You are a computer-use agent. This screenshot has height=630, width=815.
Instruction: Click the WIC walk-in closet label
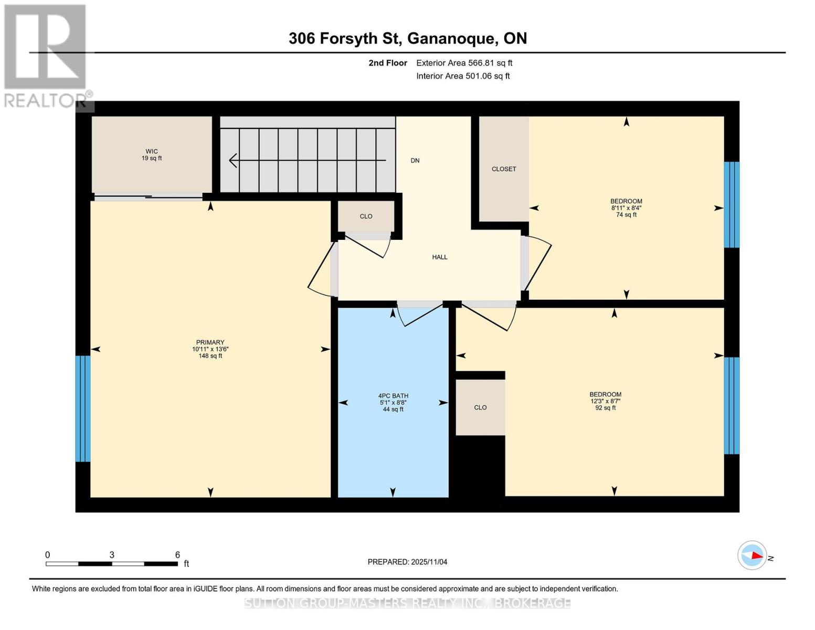pos(152,151)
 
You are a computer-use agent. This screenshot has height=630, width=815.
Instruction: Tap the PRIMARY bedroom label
pos(210,342)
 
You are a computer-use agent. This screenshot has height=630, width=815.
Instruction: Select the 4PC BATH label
pos(393,396)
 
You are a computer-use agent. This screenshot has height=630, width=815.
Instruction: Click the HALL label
pos(440,257)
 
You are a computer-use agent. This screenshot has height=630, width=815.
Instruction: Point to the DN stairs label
pos(415,161)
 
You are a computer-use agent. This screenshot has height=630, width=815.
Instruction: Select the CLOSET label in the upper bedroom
pos(504,169)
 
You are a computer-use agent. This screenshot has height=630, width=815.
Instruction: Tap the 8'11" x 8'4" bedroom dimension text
pos(626,208)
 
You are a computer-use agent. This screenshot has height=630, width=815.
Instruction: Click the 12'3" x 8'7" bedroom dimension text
pos(605,401)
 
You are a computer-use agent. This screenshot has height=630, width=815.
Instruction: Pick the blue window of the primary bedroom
pos(83,408)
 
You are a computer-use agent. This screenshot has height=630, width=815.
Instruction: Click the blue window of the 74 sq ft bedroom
pos(732,204)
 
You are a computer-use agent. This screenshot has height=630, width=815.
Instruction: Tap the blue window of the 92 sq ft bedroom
pos(732,405)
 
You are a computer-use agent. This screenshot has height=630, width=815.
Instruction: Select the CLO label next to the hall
pos(366,216)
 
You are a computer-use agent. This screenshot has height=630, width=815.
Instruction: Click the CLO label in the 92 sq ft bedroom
pos(480,407)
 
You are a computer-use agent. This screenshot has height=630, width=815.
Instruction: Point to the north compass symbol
pos(753,555)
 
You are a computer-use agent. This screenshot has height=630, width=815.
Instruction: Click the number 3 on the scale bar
pos(112,555)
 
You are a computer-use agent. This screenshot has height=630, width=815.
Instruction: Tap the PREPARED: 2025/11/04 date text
pos(407,562)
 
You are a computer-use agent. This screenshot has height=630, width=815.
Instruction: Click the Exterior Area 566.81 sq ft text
pos(464,63)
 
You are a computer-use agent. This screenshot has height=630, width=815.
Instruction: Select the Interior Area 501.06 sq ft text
pos(463,76)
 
